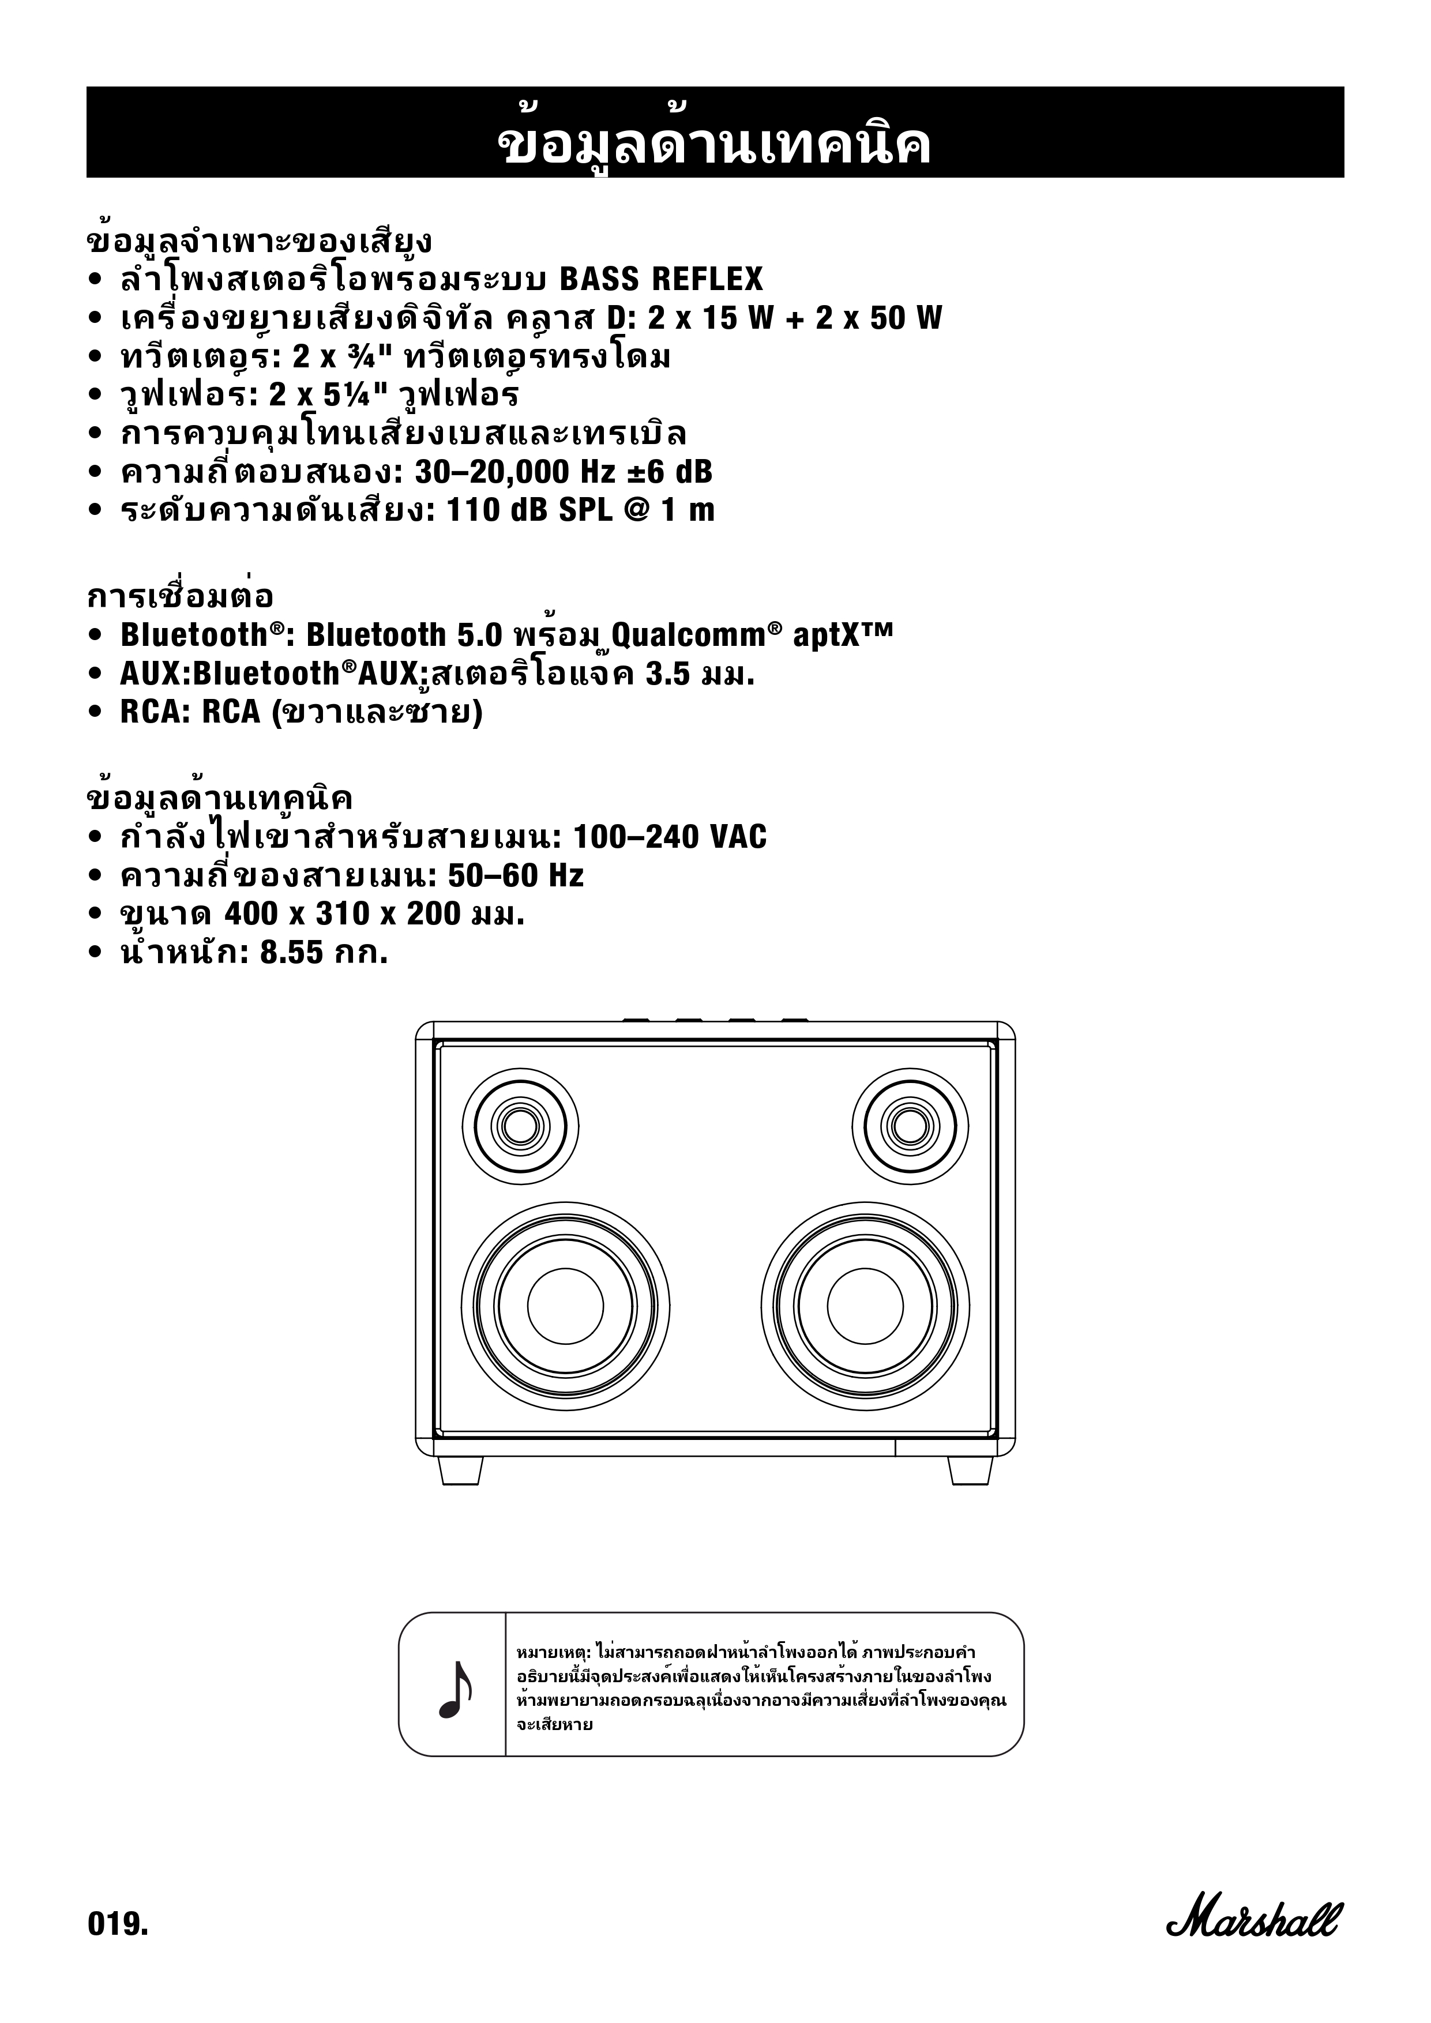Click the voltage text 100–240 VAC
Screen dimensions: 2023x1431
670,836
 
